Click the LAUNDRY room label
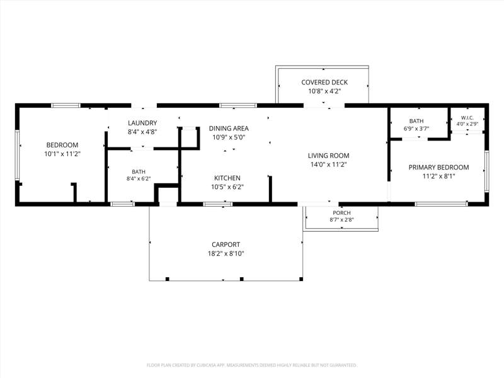coord(142,123)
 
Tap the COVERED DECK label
coord(324,83)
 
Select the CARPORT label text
coord(226,244)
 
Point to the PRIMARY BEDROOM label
coord(438,167)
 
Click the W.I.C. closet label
coord(467,118)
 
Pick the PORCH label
coord(341,213)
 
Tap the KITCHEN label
coord(227,178)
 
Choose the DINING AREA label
coord(229,129)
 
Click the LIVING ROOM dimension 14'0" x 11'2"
coord(328,164)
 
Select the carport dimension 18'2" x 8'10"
coord(226,254)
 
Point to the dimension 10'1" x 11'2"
coord(62,154)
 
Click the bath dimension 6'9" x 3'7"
coord(416,129)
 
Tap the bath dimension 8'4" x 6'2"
coord(139,179)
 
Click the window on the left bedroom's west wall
coord(18,155)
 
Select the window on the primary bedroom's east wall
coord(486,171)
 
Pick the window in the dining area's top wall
coord(238,105)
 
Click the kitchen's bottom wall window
coord(218,203)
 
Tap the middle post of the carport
coord(242,279)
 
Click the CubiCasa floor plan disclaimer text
coord(251,365)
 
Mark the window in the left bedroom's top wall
coord(66,105)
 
